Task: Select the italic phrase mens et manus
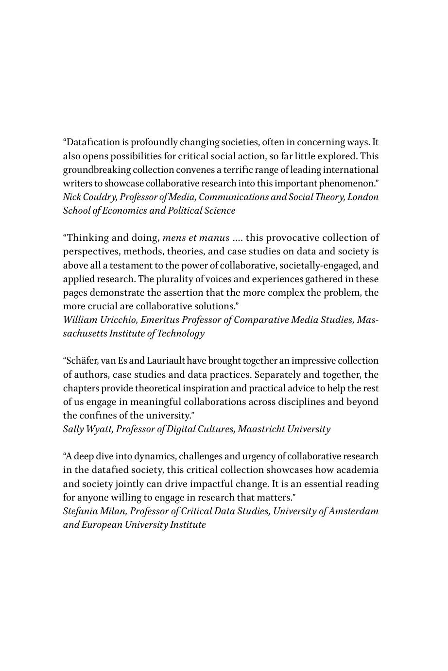tap(196, 238)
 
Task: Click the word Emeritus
tap(148, 320)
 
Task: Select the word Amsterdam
tap(356, 511)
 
